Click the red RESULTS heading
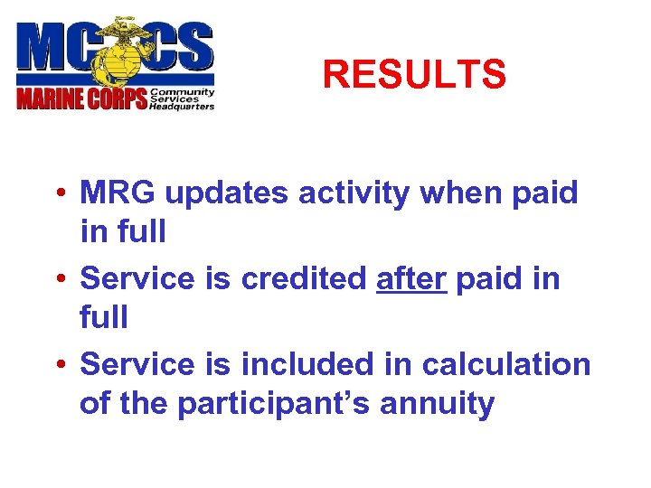click(413, 75)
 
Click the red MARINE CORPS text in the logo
click(82, 98)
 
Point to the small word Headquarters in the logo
click(182, 106)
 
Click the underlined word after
click(410, 279)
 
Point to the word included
click(307, 365)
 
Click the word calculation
click(506, 365)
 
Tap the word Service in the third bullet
click(137, 365)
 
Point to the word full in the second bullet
click(104, 318)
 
